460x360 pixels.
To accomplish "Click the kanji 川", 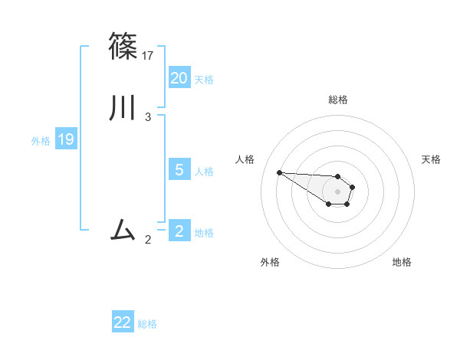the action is (x=123, y=108).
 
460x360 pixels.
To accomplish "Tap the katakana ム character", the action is (x=123, y=229).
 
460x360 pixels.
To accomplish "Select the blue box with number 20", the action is (x=179, y=77).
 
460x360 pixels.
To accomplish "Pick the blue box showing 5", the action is (x=179, y=170).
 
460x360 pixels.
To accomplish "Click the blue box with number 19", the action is (x=66, y=139).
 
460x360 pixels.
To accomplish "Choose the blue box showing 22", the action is (x=123, y=322).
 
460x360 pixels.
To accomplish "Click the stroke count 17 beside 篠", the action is (x=149, y=55).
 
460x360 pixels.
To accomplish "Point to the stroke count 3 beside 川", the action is (x=148, y=117).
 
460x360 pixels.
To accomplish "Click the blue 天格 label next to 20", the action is (x=204, y=79).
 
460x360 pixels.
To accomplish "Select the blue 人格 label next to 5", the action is (x=204, y=172).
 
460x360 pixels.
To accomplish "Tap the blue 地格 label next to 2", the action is (x=204, y=233).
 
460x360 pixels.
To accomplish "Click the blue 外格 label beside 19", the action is (x=41, y=141).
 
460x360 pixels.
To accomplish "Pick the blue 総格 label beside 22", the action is (x=147, y=324).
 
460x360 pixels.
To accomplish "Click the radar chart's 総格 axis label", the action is (x=338, y=100).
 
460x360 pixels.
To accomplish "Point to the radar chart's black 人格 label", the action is (x=245, y=159).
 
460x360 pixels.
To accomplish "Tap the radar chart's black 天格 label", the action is (x=431, y=159).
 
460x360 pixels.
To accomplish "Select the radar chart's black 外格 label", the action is (x=270, y=262).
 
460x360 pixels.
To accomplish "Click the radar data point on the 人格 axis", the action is (x=279, y=172).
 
